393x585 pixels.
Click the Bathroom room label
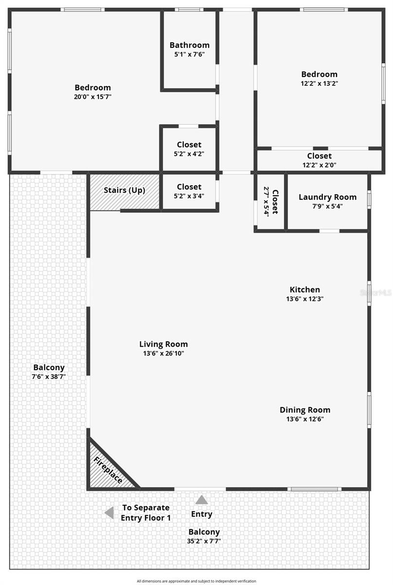(189, 45)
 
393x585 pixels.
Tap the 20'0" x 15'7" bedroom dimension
(93, 97)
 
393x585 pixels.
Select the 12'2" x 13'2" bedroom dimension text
(319, 83)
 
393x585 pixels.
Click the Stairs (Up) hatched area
(125, 191)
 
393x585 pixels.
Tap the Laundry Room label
(327, 197)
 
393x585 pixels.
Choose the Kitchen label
(305, 290)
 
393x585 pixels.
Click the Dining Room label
(305, 410)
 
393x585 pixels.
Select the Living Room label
(163, 344)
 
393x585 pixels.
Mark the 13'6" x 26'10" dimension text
(163, 353)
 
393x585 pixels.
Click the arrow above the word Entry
(202, 500)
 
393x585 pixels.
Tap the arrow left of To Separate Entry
(110, 512)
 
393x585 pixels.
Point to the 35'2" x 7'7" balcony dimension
(204, 541)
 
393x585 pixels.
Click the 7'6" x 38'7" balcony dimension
(49, 376)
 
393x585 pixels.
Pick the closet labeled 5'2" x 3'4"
(189, 191)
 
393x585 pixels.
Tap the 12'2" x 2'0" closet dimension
(319, 165)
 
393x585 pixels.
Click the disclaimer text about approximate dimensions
(196, 581)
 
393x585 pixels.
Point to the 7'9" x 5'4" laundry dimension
(327, 206)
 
